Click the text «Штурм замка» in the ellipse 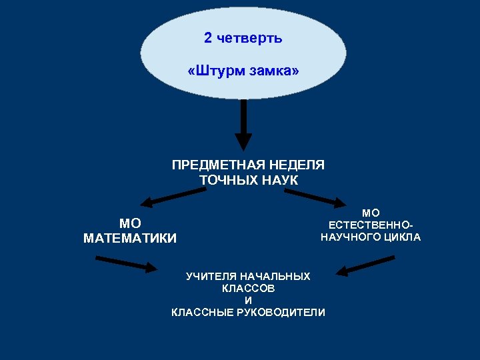(x=243, y=70)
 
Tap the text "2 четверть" (x=243, y=38)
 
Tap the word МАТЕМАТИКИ (x=131, y=239)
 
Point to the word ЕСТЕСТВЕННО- (x=371, y=225)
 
